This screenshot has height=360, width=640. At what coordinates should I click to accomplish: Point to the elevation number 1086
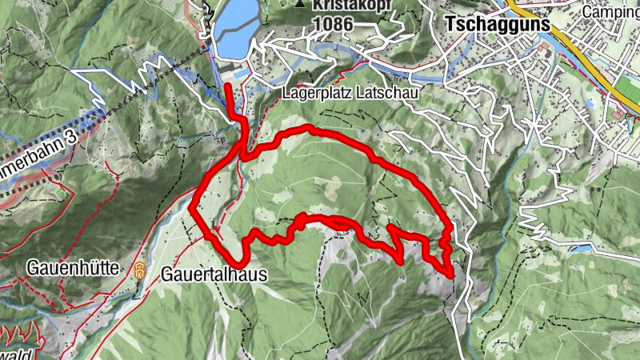(334, 24)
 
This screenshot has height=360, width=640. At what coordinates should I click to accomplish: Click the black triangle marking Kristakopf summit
(300, 4)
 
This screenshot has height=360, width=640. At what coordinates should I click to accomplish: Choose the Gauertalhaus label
(214, 274)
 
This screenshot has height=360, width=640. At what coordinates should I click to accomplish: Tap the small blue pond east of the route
(582, 249)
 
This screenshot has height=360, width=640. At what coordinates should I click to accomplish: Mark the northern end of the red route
(228, 86)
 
